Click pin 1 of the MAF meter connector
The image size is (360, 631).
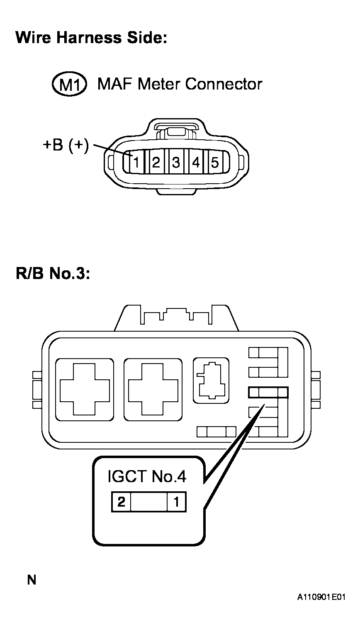pos(136,163)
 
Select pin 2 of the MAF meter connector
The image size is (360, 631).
pos(156,163)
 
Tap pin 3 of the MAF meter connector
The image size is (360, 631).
pos(176,163)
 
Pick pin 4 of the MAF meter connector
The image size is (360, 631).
pos(195,163)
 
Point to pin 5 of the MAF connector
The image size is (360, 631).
pos(215,163)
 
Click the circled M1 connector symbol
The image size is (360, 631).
pos(69,85)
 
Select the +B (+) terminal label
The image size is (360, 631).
pos(66,146)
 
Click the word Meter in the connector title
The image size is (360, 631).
pos(160,84)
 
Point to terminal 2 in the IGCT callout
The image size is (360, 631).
pos(121,502)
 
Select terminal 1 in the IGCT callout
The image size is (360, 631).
pos(177,502)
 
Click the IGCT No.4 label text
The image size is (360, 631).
pos(147,476)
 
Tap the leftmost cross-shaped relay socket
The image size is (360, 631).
pos(84,389)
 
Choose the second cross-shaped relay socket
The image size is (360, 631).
pos(153,389)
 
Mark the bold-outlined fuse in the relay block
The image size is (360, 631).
pos(268,392)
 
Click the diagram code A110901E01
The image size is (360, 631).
pos(321,597)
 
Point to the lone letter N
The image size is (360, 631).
pos(32,580)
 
